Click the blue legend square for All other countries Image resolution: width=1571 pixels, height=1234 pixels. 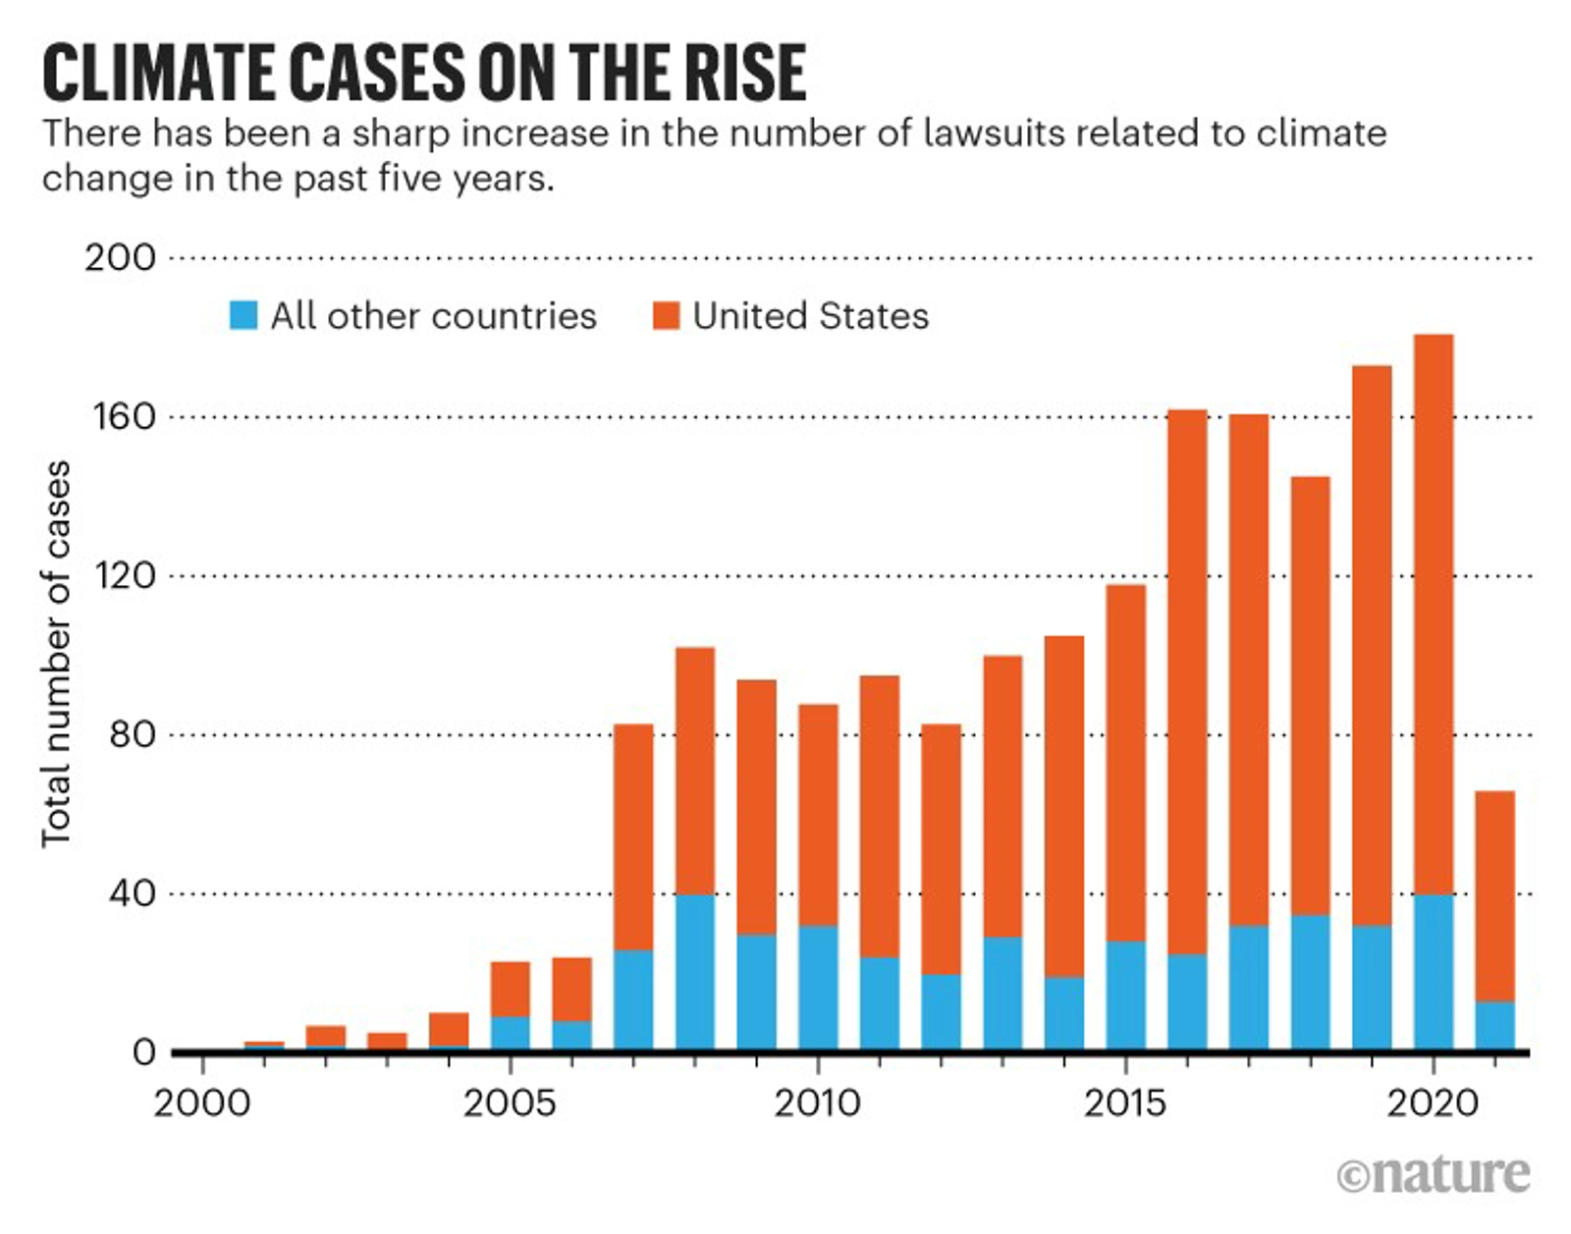[243, 315]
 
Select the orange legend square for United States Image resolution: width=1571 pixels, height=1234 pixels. [666, 315]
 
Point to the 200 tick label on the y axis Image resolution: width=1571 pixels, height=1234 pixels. [120, 257]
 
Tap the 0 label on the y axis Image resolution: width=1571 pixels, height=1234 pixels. [143, 1051]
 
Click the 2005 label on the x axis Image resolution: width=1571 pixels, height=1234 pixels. [509, 1103]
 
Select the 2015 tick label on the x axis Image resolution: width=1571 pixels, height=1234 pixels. [1125, 1103]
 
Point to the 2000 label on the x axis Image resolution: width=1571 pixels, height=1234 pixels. [201, 1103]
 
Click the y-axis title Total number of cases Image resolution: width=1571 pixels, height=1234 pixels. [56, 653]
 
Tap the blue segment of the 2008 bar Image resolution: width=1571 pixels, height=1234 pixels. [695, 972]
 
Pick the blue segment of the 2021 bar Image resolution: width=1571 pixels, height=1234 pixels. [1494, 1025]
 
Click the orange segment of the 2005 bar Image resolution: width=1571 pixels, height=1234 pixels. [510, 989]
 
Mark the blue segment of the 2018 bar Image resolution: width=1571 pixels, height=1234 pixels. [1310, 982]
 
